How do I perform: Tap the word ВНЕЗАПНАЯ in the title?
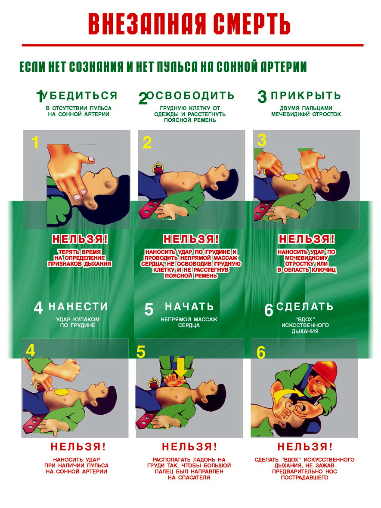coord(147,24)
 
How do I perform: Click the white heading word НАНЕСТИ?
coord(78,307)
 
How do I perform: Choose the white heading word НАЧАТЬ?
coord(189,307)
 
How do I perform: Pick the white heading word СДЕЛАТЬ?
coord(305,307)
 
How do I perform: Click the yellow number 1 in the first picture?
coord(35,142)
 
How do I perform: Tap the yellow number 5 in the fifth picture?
coord(141,352)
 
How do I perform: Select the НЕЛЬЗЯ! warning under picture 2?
coord(191,239)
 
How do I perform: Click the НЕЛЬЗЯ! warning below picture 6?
coord(305,447)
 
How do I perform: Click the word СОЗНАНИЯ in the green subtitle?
coord(96,67)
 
